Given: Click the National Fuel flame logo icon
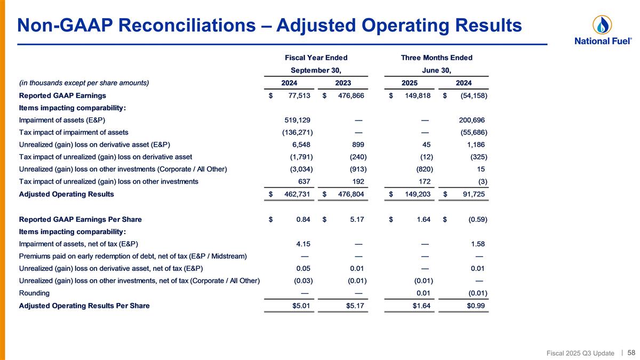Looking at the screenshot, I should (602, 25).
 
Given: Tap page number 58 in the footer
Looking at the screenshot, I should (631, 353).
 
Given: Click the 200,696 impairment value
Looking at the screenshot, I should (469, 120).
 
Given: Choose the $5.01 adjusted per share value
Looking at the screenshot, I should (300, 306).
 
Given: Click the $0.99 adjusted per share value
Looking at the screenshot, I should (476, 306).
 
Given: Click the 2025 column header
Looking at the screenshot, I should (410, 83).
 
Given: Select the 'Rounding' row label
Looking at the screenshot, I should (34, 293).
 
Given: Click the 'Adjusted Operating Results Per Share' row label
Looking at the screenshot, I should (84, 306).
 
